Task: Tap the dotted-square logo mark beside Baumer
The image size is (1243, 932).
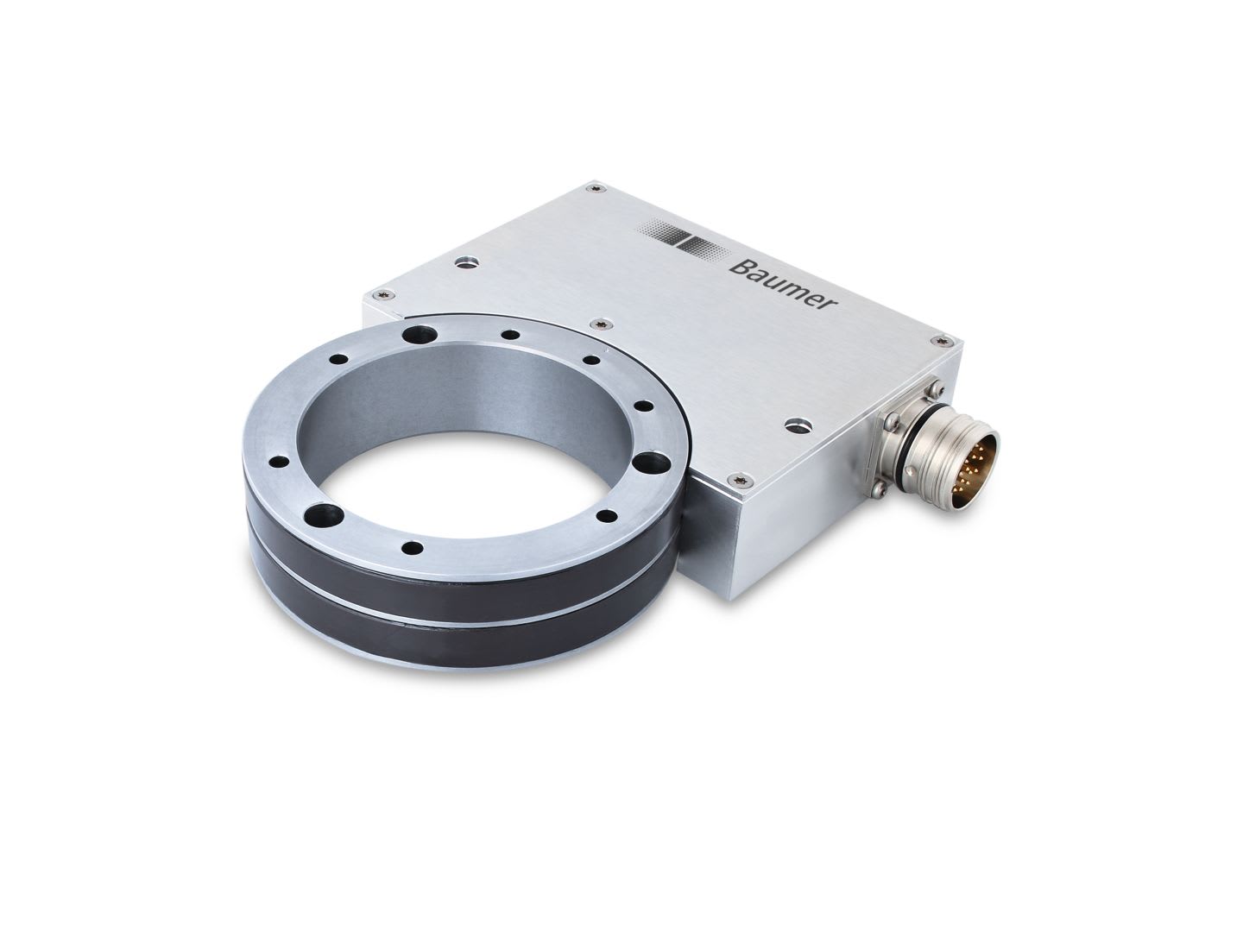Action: click(x=685, y=237)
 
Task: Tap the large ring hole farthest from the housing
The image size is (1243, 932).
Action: click(x=328, y=515)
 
